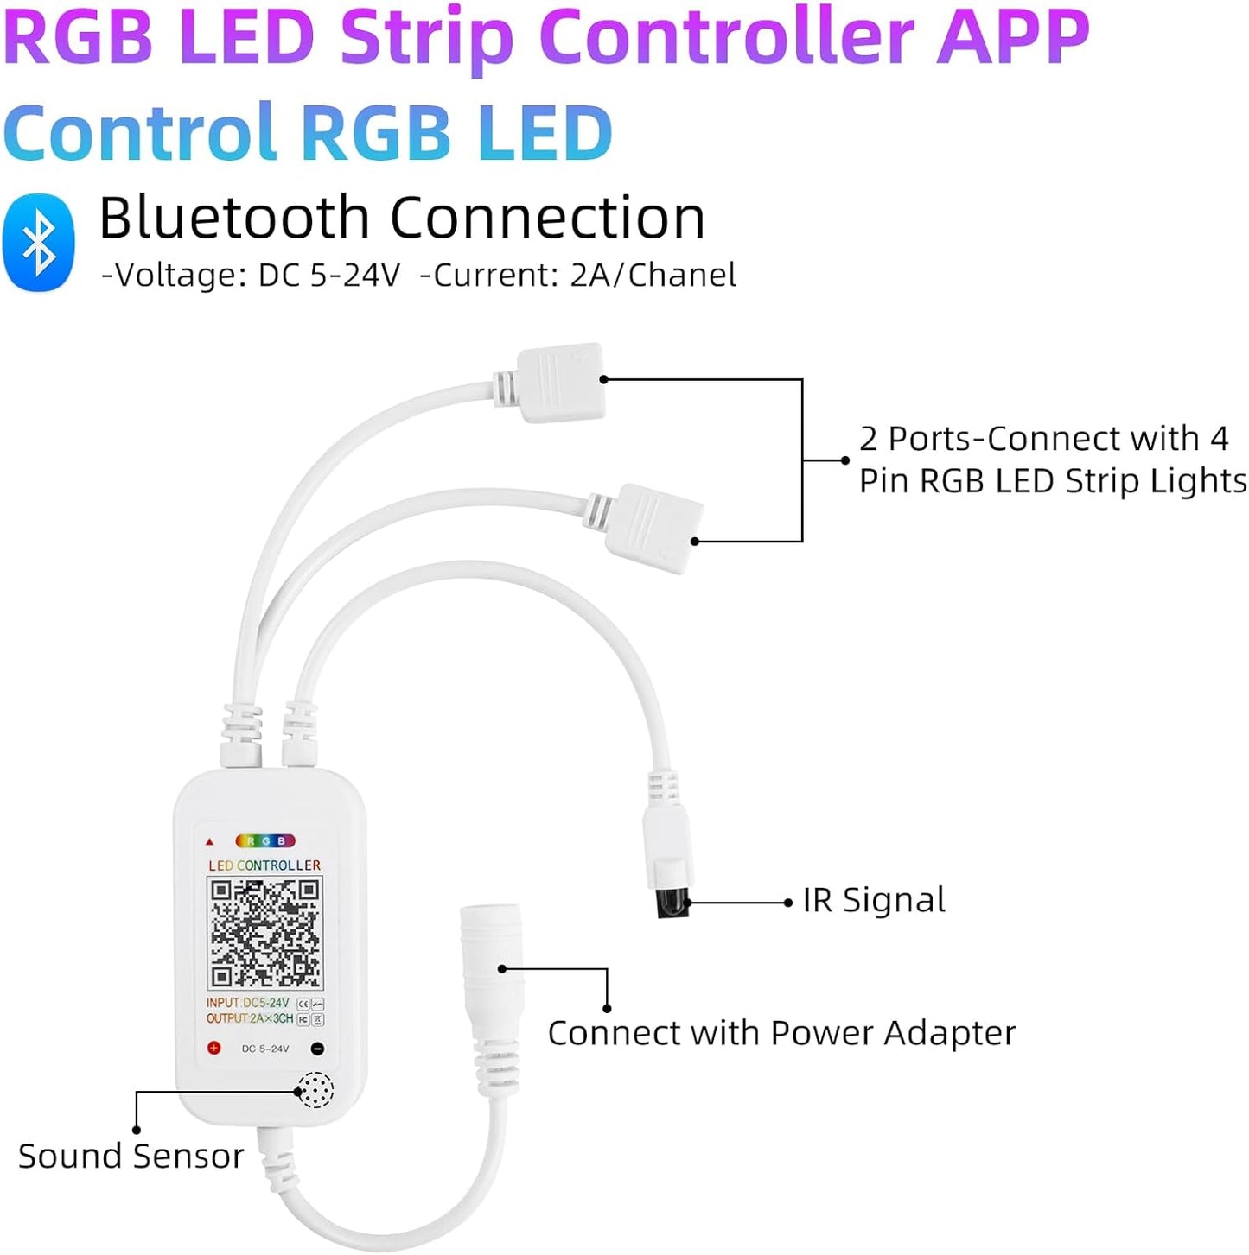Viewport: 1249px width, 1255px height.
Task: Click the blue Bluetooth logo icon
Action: (x=39, y=243)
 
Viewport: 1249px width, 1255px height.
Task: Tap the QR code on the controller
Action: (x=264, y=933)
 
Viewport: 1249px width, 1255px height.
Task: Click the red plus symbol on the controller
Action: (x=213, y=1048)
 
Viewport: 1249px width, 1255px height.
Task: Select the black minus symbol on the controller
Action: (x=317, y=1049)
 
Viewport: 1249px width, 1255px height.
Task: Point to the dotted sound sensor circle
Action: (x=315, y=1090)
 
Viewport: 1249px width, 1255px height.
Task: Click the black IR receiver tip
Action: (x=671, y=903)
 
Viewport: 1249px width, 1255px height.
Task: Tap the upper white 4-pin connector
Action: (x=560, y=383)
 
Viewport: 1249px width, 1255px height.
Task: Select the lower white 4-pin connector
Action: (x=654, y=527)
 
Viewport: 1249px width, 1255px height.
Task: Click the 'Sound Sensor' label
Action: (x=131, y=1157)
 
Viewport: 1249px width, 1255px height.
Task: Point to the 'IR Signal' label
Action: (x=874, y=901)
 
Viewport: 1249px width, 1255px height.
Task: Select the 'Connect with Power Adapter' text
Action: (x=781, y=1033)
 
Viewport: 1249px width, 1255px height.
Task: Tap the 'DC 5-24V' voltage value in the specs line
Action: (x=329, y=276)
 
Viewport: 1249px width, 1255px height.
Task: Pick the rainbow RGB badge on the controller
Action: (x=265, y=840)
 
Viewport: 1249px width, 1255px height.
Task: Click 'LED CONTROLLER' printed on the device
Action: (x=264, y=865)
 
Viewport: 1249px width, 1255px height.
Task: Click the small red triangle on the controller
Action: (x=209, y=841)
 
